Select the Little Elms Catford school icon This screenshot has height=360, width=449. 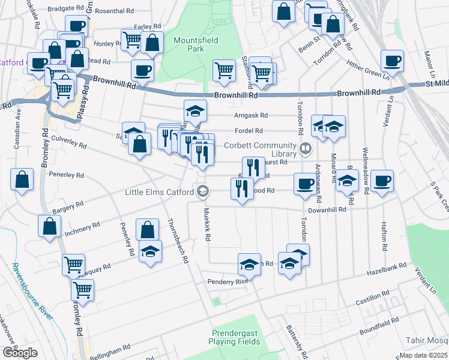pos(203,192)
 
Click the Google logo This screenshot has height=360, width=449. pos(20,352)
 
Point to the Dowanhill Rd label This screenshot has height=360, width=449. pos(328,210)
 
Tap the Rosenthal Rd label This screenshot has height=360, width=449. pos(114,11)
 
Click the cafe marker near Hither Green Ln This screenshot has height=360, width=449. pos(392,61)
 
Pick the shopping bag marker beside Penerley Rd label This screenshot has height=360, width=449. pos(22,180)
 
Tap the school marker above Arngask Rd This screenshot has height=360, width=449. pos(195,110)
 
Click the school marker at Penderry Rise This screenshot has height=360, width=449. pos(250,265)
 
